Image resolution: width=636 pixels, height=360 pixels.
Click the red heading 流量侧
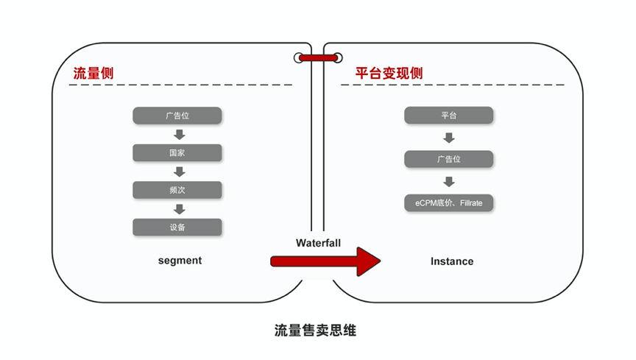93,73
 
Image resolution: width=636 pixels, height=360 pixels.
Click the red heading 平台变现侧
389,73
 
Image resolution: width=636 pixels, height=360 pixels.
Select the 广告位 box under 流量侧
177,116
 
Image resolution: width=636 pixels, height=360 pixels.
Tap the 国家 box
177,153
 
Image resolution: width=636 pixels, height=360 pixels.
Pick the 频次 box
177,190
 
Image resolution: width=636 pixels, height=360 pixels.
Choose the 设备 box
177,227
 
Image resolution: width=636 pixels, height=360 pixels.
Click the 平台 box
448,116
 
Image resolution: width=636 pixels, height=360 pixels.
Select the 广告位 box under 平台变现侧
448,159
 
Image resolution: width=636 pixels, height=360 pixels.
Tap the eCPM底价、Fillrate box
448,203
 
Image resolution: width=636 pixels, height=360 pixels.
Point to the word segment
180,261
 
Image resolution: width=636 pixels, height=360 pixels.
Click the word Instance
452,261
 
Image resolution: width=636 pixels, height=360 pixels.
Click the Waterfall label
319,243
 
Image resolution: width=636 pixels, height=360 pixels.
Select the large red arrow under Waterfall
325,261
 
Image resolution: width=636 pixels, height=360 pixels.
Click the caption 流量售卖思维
315,331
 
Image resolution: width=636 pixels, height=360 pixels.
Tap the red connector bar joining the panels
318,58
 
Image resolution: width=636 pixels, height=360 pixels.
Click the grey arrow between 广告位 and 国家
180,134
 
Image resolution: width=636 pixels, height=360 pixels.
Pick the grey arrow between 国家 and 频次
180,172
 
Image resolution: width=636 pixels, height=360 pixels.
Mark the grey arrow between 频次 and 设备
180,209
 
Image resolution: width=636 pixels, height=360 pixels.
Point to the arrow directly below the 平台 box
448,138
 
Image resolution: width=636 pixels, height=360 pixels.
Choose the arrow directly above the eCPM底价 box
448,181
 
